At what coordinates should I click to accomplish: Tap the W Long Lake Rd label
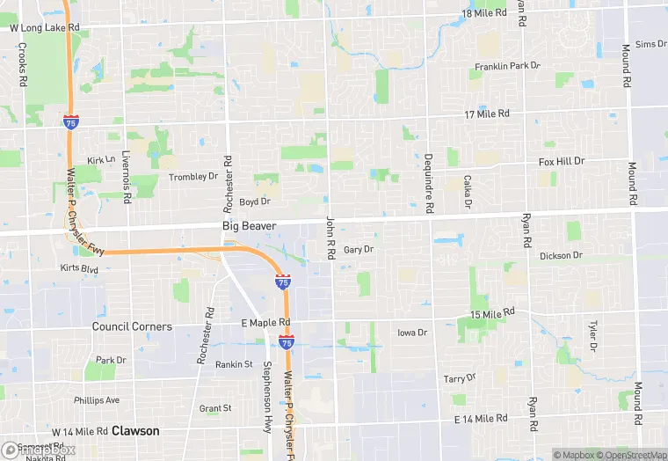[45, 28]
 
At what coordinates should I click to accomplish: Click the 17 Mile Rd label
[487, 113]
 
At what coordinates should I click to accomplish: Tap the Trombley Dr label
[193, 176]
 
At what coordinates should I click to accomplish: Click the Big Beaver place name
[249, 226]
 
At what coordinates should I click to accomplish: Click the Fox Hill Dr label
[561, 162]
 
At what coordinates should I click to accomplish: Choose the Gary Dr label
[359, 250]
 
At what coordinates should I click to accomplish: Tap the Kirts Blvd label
[80, 267]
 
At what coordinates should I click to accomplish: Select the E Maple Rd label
[265, 323]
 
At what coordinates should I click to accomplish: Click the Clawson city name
[135, 431]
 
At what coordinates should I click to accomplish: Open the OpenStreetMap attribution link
[627, 455]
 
